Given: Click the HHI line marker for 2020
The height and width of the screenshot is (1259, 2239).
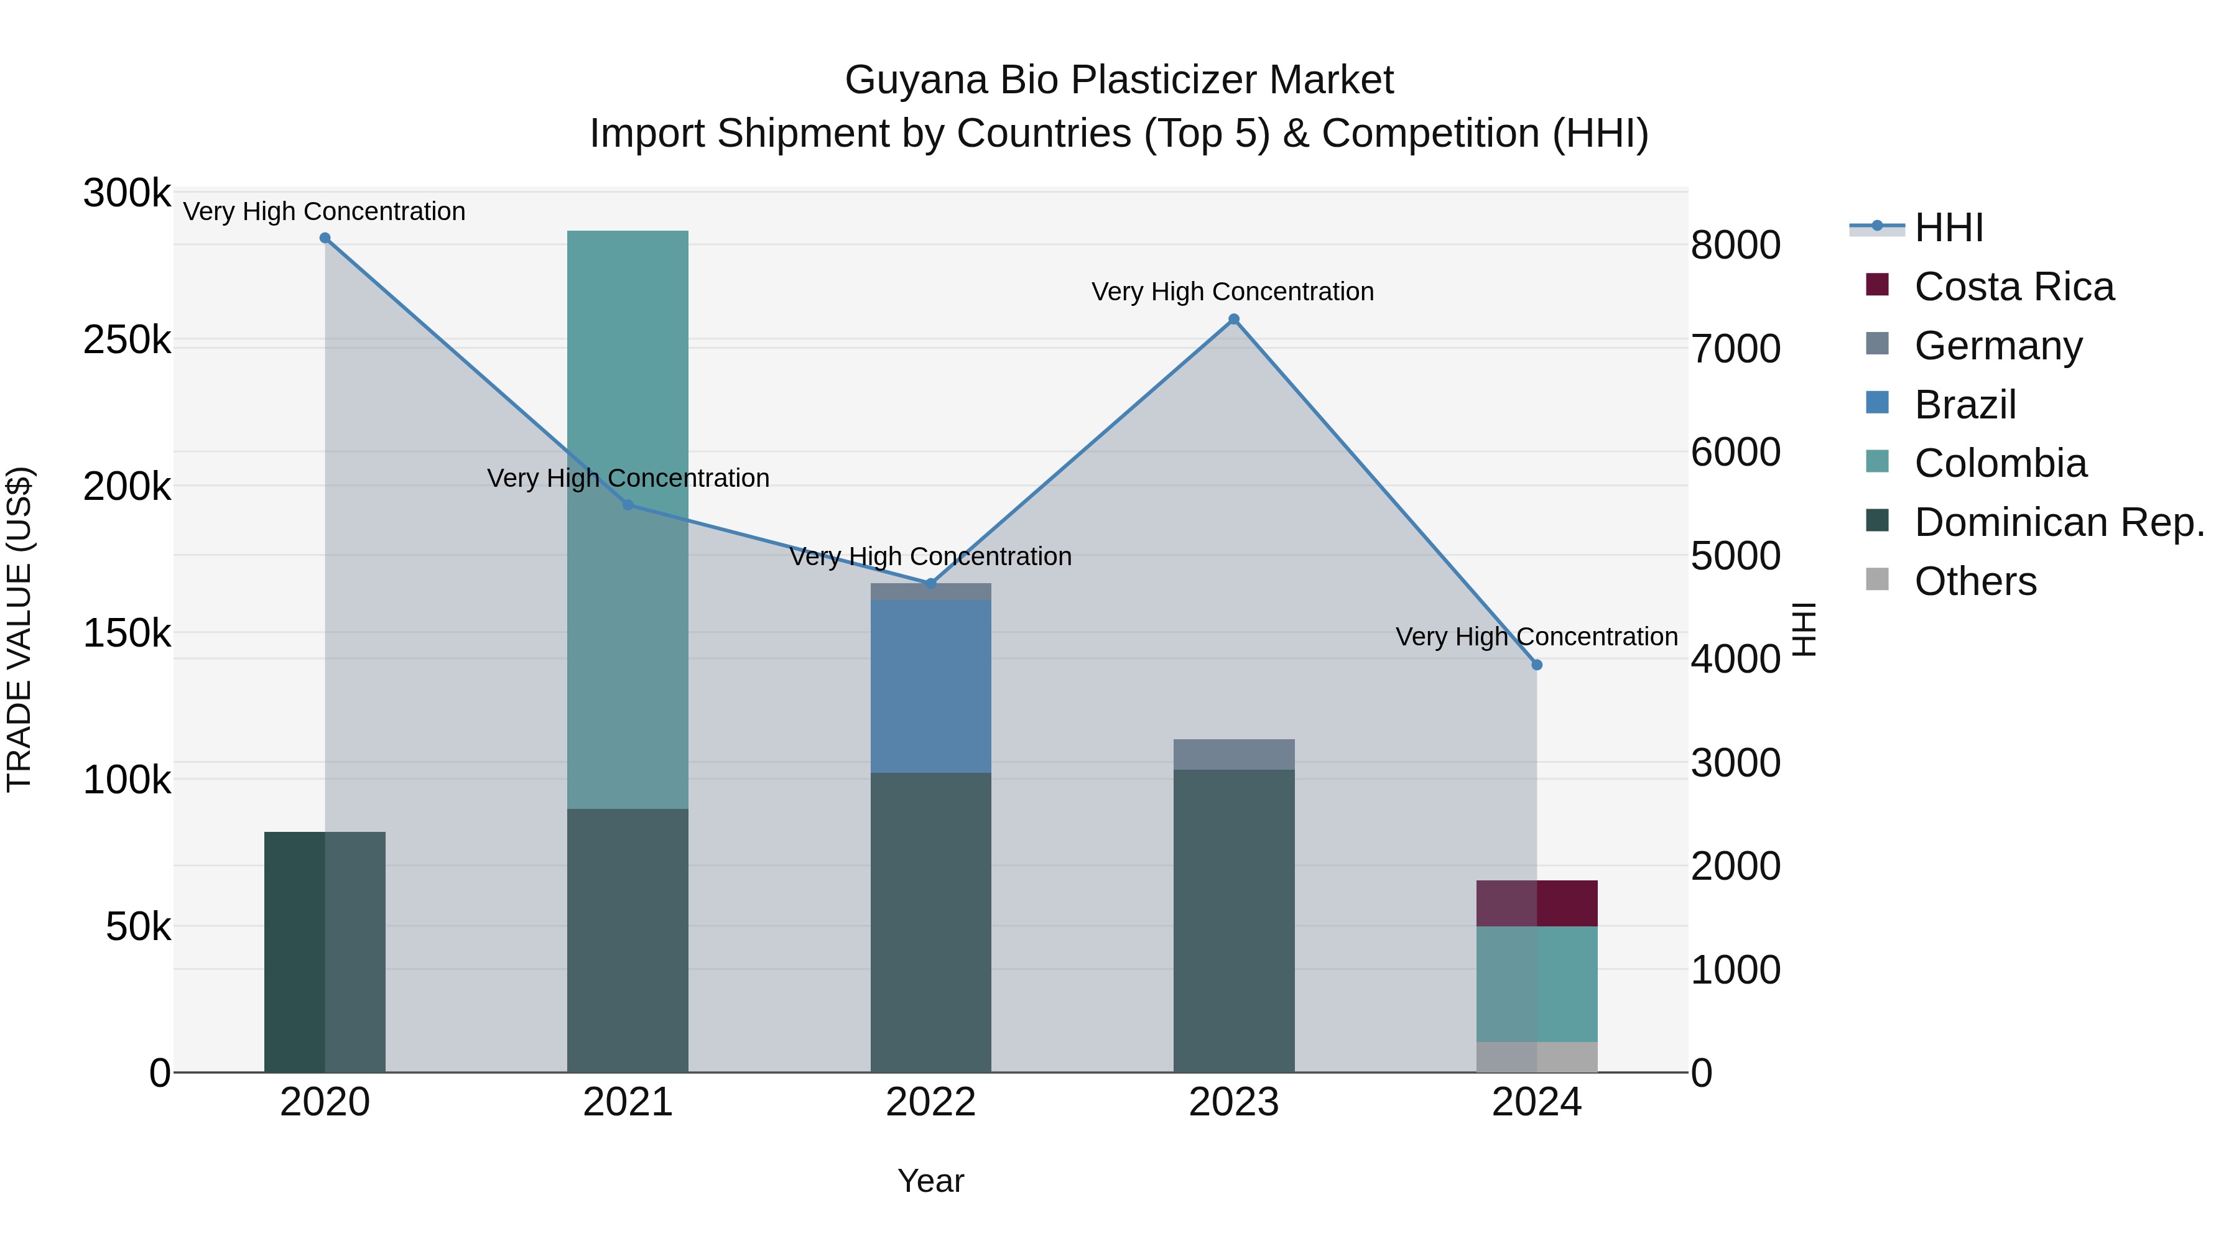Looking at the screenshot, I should (x=325, y=238).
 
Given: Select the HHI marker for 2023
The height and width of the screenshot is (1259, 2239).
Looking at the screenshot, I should (x=1233, y=320).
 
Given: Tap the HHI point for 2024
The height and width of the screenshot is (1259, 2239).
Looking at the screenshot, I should (x=1537, y=665).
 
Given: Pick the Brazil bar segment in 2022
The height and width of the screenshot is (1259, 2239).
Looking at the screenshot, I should (x=931, y=686).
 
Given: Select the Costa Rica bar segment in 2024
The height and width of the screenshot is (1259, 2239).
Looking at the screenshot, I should (x=1537, y=903).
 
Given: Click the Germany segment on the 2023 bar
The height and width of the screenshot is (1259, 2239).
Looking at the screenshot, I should (x=1233, y=754).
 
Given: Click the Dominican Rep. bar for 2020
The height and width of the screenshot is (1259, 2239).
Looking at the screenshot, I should (x=325, y=951).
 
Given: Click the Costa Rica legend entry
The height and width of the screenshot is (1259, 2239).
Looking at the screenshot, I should (x=2013, y=287).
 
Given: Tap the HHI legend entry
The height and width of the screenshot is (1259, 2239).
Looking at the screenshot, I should (x=1948, y=228).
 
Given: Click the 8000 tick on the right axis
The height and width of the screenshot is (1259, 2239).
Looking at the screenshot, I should (x=1735, y=245).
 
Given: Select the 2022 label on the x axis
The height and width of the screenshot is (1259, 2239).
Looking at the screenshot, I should (x=931, y=1102).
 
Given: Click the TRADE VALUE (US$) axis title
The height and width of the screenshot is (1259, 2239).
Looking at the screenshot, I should (x=19, y=629).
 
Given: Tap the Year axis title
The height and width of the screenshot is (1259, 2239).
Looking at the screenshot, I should (x=931, y=1181).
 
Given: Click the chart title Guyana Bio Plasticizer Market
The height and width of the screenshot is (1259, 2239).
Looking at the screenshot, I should (x=1119, y=80).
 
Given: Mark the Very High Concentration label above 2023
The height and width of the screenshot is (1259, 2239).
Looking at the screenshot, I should (x=1233, y=292).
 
